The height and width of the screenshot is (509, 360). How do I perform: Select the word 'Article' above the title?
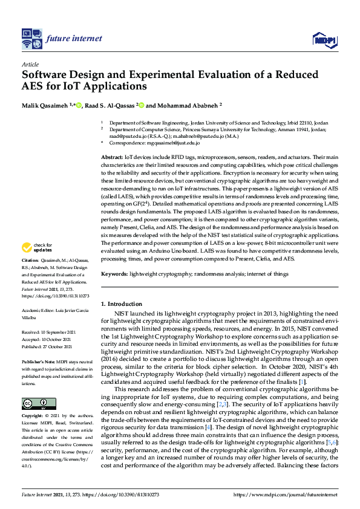click(x=30, y=63)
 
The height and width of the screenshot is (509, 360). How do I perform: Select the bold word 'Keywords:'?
click(x=114, y=274)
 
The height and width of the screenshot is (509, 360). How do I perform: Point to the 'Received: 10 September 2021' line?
click(x=48, y=332)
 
